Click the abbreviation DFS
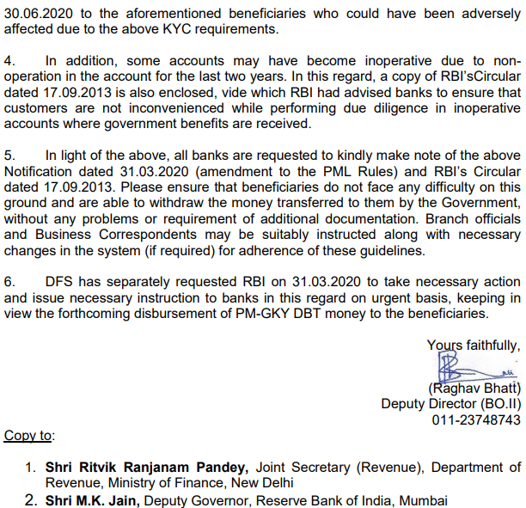60,282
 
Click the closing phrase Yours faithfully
474,345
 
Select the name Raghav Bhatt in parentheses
474,388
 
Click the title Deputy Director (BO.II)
451,403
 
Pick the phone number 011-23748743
476,419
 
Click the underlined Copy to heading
28,436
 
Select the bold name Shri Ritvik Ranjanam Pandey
147,468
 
